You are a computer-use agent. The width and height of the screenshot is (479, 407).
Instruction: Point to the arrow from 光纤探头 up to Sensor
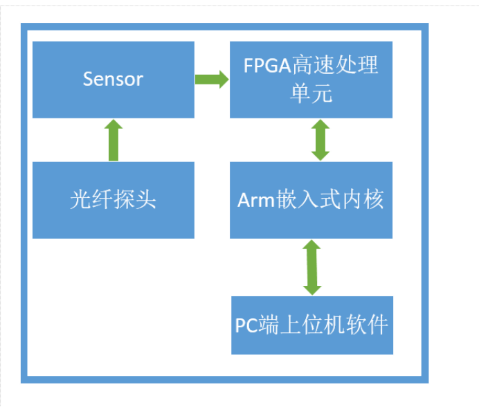(113, 141)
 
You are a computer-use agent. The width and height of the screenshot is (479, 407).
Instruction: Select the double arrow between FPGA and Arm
(320, 140)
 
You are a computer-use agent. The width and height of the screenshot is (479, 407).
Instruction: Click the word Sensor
(113, 79)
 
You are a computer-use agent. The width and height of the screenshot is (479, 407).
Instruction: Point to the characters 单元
(311, 93)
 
